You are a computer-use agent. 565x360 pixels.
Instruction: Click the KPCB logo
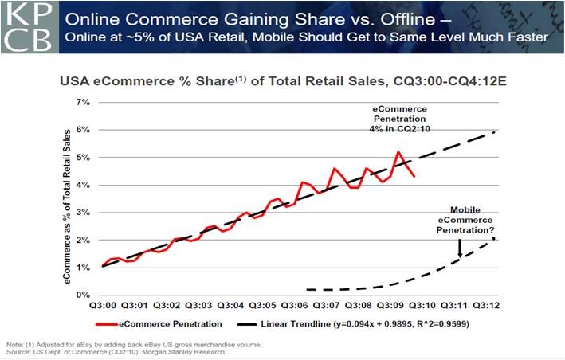tap(27, 27)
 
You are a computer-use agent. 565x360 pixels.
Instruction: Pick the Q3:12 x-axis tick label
tap(488, 306)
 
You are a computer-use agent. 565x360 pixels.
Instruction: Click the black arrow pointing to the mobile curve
tap(459, 248)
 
